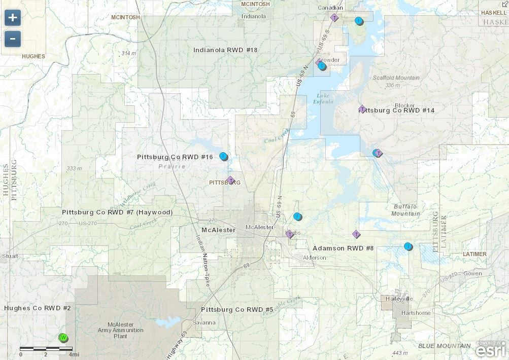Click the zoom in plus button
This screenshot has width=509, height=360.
(x=13, y=18)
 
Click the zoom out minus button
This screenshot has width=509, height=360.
(x=13, y=39)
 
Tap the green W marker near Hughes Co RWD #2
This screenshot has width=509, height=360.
(x=63, y=338)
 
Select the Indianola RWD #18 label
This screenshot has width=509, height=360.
(x=225, y=50)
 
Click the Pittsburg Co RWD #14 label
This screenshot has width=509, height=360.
(x=397, y=110)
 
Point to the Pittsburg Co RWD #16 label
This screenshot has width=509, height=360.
(x=175, y=157)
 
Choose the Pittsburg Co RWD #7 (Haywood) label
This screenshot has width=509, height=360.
(x=117, y=212)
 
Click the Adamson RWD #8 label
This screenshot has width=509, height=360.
(x=343, y=248)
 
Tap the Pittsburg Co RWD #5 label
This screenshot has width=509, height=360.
(x=237, y=309)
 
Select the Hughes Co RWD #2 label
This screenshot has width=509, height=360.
(x=37, y=308)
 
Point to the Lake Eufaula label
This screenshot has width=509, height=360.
(x=325, y=98)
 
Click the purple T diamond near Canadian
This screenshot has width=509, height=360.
(x=334, y=18)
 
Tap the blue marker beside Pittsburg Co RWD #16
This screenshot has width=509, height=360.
(x=223, y=156)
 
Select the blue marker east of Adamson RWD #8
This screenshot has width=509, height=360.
(x=408, y=246)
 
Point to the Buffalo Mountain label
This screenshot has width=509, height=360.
(x=406, y=210)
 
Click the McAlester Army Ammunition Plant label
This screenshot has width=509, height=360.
(x=121, y=330)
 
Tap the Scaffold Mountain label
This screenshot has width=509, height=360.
(x=396, y=78)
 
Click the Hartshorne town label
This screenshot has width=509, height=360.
(x=416, y=313)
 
